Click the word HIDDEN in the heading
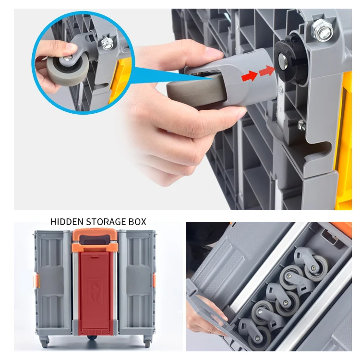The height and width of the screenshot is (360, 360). click(67, 222)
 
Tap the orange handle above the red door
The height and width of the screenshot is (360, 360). click(95, 239)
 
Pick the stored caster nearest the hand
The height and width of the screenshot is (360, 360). click(250, 332)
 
